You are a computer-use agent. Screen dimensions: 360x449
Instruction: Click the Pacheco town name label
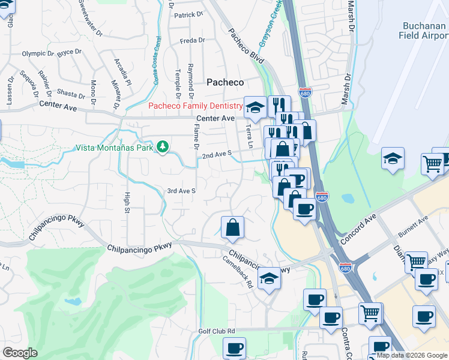(x=225, y=82)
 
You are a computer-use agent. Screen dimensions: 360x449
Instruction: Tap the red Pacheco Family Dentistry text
(x=195, y=106)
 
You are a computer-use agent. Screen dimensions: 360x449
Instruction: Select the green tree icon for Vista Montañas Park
(x=162, y=147)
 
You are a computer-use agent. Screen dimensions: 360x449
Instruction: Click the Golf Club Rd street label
(x=217, y=331)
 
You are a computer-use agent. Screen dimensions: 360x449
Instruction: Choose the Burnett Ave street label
(x=415, y=227)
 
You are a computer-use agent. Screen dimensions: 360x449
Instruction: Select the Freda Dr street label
(x=192, y=41)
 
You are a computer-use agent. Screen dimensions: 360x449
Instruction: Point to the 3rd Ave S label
(x=181, y=191)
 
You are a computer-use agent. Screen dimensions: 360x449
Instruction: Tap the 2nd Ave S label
(x=217, y=155)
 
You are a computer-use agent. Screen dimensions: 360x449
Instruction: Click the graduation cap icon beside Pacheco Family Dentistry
(x=255, y=107)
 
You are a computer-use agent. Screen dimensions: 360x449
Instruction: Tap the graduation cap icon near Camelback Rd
(x=270, y=278)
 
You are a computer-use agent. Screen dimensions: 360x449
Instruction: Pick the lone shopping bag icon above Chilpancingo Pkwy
(x=232, y=227)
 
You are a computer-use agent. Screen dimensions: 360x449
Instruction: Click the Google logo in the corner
(x=20, y=353)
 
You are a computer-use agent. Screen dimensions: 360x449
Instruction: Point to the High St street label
(x=127, y=202)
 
